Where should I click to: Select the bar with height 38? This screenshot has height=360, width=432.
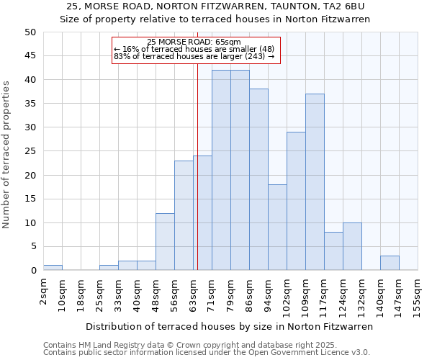coord(258,179)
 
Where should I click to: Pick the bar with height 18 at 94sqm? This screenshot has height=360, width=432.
coord(277,228)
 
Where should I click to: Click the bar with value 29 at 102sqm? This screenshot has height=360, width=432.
coord(296,201)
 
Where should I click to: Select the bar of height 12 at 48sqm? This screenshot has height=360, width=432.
coord(165,242)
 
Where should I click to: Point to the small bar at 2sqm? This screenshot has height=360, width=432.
coord(53,268)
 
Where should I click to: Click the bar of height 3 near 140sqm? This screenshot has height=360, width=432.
coord(390,263)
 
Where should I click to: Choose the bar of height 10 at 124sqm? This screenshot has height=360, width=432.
coord(352,246)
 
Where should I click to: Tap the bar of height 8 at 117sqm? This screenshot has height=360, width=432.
coord(333,251)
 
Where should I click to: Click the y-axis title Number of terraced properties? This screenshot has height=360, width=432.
coord(7,155)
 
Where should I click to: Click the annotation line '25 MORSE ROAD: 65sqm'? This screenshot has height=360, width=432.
coord(194,42)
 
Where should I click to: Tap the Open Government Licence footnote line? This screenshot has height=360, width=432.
coord(207,353)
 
